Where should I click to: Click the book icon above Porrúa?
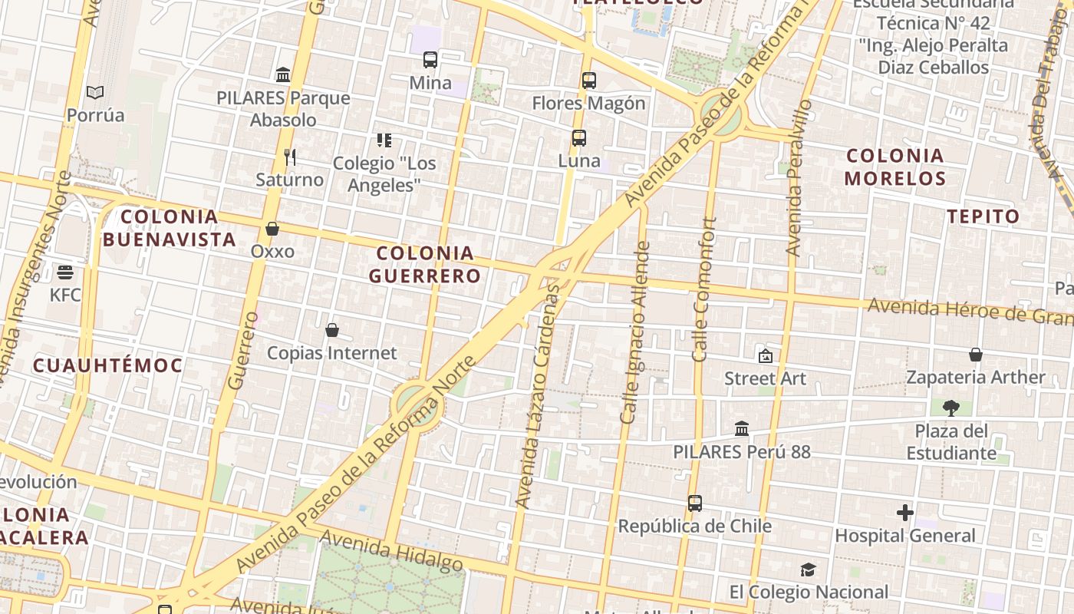pos(95,93)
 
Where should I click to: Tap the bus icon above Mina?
pos(430,60)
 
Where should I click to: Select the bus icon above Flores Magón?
pos(589,80)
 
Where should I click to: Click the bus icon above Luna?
pos(579,138)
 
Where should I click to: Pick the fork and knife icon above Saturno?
pos(290,157)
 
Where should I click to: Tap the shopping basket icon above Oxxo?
pos(272,229)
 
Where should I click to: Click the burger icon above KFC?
pos(65,272)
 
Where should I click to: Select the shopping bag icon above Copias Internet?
pos(332,330)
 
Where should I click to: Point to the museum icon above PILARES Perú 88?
pos(742,428)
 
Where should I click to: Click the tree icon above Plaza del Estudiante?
pos(951,408)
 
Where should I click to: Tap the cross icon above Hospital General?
pos(905,512)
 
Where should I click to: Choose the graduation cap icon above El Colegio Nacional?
pos(808,569)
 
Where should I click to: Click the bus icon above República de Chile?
pos(695,503)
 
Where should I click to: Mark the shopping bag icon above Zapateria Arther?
pos(976,355)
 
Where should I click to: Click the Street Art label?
pos(766,378)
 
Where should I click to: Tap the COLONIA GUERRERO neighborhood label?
pos(425,264)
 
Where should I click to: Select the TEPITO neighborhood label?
pos(983,216)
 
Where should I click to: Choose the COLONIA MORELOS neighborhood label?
pos(895,167)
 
